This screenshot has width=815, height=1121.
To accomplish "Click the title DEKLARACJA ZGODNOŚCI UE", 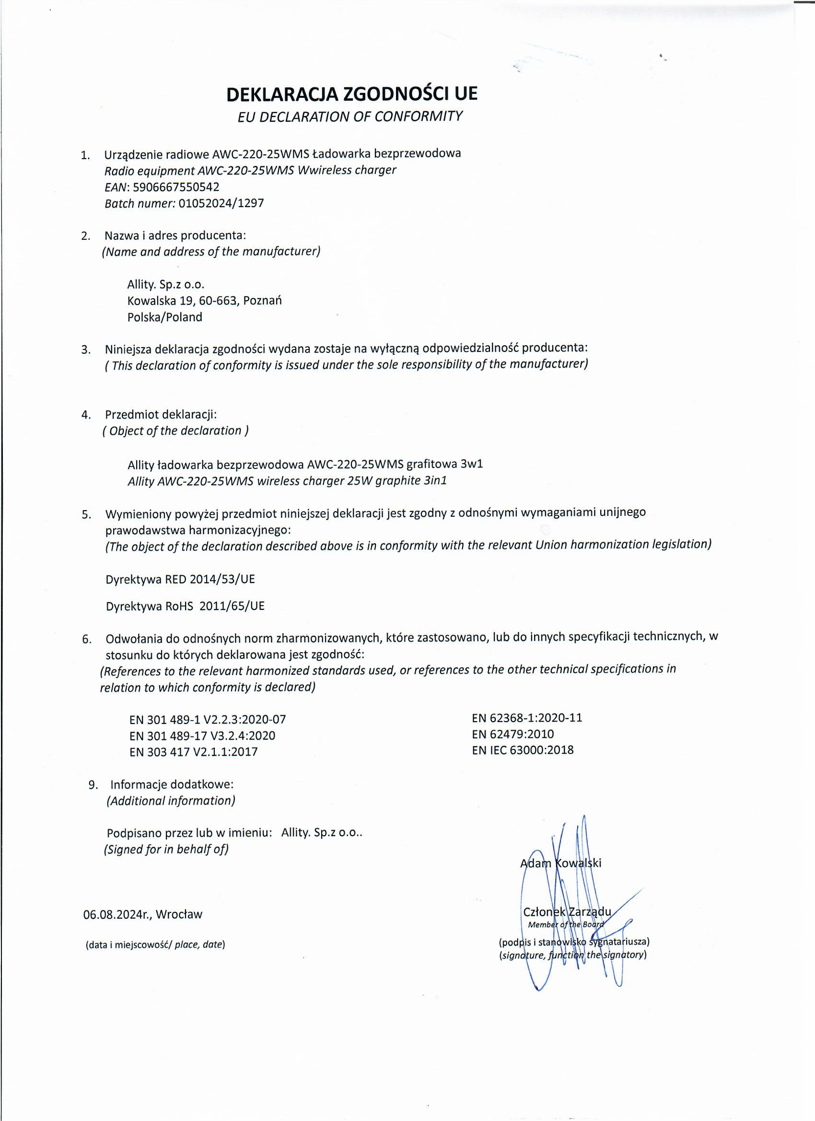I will (352, 94).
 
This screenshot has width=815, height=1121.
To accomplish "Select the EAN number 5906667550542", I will (176, 187).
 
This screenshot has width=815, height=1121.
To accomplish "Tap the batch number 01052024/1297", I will (221, 203).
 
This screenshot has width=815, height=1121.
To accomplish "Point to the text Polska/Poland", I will (164, 317).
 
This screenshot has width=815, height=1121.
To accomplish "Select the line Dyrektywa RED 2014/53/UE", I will (180, 579).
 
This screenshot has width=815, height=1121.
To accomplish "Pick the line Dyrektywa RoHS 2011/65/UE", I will (185, 606).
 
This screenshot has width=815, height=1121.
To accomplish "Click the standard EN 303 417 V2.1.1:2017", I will (193, 752).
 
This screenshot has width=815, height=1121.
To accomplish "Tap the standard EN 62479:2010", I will (512, 734).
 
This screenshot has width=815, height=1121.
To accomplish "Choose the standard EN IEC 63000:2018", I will (523, 750).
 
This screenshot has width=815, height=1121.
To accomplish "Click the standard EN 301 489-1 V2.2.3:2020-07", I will (208, 719).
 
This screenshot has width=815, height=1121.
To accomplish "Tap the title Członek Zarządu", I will (567, 912).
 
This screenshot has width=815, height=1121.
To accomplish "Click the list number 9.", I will (93, 785).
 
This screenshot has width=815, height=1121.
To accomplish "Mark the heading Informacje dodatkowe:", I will (172, 784).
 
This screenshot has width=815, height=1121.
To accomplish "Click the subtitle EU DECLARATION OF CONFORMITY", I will (350, 117).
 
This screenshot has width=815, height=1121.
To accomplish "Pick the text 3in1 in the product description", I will (435, 480).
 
